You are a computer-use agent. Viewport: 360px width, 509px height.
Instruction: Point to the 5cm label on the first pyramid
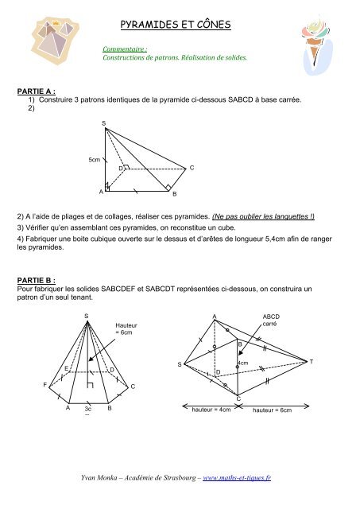94,160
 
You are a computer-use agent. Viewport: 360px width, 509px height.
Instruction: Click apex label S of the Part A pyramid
103,122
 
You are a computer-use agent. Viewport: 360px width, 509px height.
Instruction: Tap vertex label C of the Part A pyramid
192,168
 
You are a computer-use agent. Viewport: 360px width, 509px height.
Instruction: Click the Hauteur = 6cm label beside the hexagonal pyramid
127,328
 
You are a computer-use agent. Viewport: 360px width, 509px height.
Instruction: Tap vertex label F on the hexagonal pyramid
45,385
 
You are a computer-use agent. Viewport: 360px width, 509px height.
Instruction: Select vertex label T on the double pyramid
312,362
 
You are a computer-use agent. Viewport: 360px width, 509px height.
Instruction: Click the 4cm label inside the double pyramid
243,363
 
